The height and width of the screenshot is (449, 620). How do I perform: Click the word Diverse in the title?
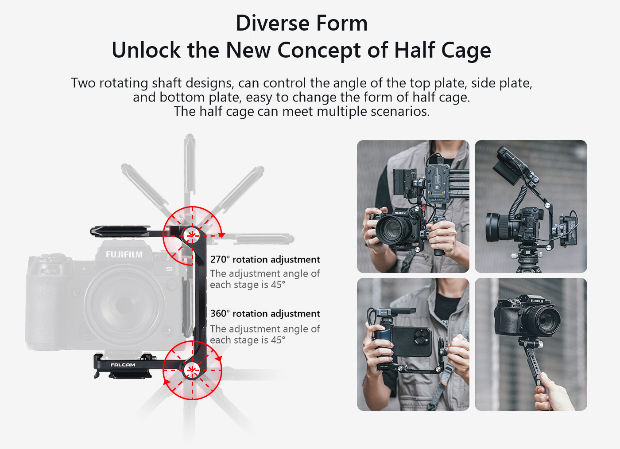[x=273, y=23]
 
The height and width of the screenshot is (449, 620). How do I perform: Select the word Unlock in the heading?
[x=146, y=50]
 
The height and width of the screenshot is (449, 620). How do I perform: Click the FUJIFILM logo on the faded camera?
[x=124, y=254]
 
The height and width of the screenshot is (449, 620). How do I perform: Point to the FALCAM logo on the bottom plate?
[x=123, y=365]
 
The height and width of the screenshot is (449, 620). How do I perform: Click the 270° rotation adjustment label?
[x=265, y=260]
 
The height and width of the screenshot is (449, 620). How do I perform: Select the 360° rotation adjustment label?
[x=265, y=313]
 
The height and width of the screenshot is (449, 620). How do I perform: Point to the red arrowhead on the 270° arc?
[x=221, y=235]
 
